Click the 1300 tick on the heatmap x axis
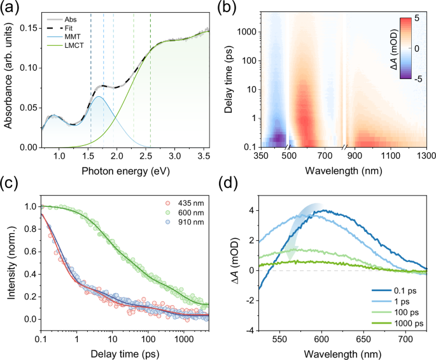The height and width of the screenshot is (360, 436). tap(426, 155)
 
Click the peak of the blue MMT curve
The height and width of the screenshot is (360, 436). tap(99, 97)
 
